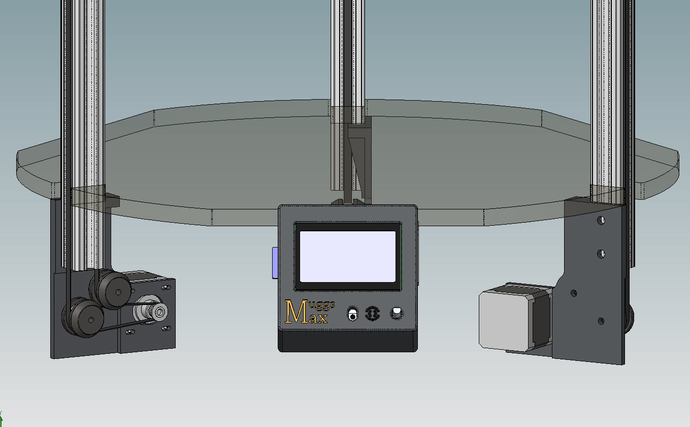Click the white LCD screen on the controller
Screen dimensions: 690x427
[347, 257]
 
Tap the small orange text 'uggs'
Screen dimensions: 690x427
[321, 305]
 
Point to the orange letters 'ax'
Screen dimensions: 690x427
[318, 318]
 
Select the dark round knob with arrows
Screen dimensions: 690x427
[372, 314]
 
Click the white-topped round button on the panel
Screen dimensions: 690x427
[397, 313]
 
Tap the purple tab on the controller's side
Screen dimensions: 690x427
[275, 263]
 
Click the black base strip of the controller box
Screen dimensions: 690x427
[347, 341]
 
